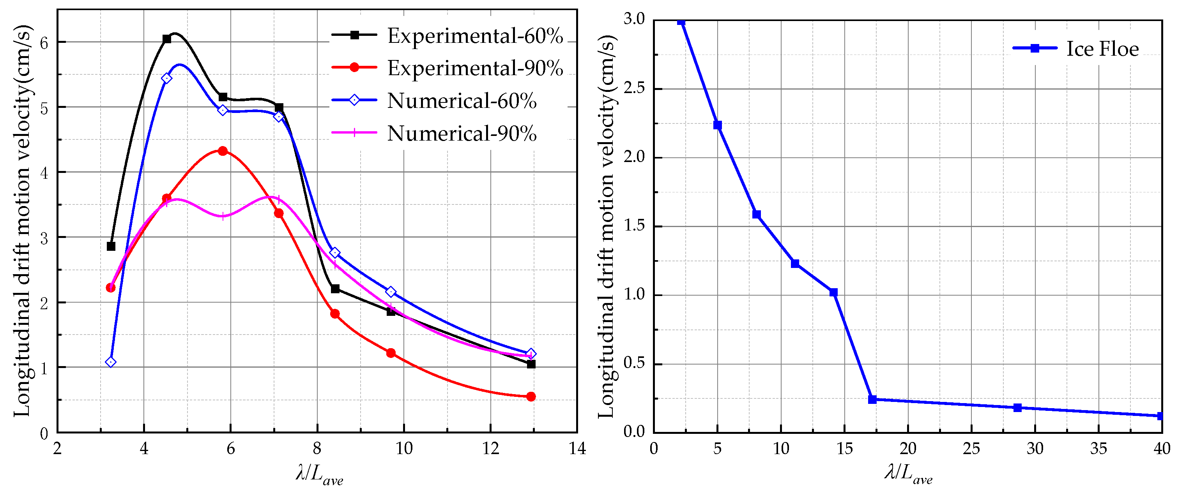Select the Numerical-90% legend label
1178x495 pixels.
462,134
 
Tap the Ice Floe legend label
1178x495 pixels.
1102,49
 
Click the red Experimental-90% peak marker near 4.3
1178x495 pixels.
223,151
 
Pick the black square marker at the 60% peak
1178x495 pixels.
167,39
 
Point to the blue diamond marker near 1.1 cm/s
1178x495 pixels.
111,362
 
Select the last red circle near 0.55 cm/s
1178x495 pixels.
531,396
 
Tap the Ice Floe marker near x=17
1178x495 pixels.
872,400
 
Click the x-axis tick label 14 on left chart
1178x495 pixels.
577,449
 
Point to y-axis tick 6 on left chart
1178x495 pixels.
44,43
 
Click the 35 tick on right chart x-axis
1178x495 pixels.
1098,449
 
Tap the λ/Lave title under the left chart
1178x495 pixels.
319,474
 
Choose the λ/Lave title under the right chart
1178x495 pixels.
908,473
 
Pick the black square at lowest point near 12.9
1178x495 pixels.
531,364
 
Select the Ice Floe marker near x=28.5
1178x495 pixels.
1017,408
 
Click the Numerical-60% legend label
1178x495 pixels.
462,101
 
